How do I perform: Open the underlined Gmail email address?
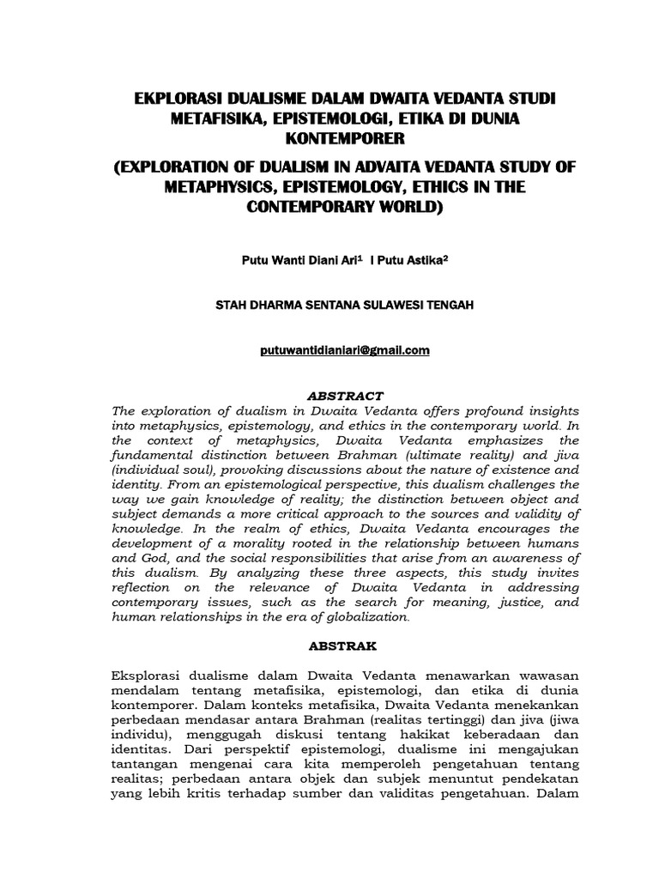click(329, 351)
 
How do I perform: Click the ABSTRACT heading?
click(329, 396)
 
